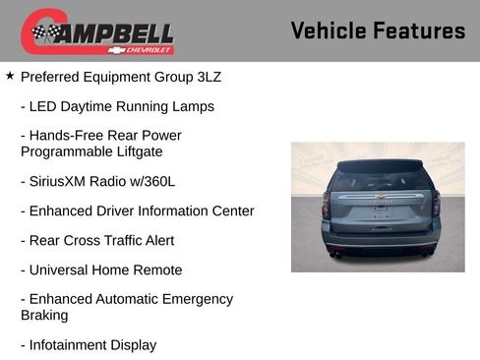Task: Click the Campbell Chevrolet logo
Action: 97,31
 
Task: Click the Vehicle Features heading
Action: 378,31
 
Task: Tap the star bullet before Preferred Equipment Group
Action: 10,75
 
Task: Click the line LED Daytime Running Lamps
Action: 117,105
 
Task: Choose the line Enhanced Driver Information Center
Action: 137,210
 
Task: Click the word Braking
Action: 44,315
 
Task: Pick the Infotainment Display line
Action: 89,344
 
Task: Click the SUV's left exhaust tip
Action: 333,254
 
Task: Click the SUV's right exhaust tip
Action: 426,254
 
